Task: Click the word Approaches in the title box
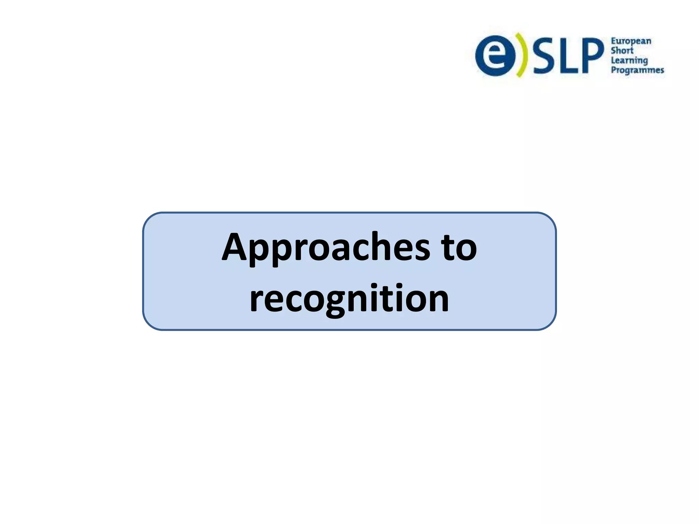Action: pos(326,248)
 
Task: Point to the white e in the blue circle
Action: pos(496,55)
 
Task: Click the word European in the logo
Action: pos(631,42)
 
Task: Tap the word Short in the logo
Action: pos(622,51)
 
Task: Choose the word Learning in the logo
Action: pos(629,61)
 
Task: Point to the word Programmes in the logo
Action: pos(637,70)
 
